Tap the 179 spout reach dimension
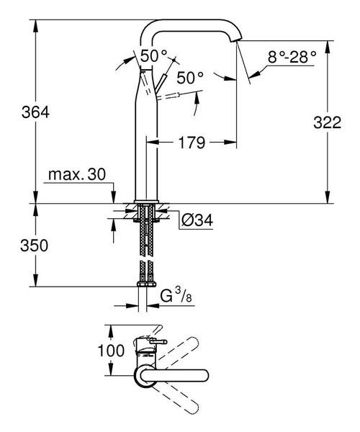coord(192,143)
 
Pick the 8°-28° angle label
coord(292,56)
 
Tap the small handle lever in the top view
coord(153,341)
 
